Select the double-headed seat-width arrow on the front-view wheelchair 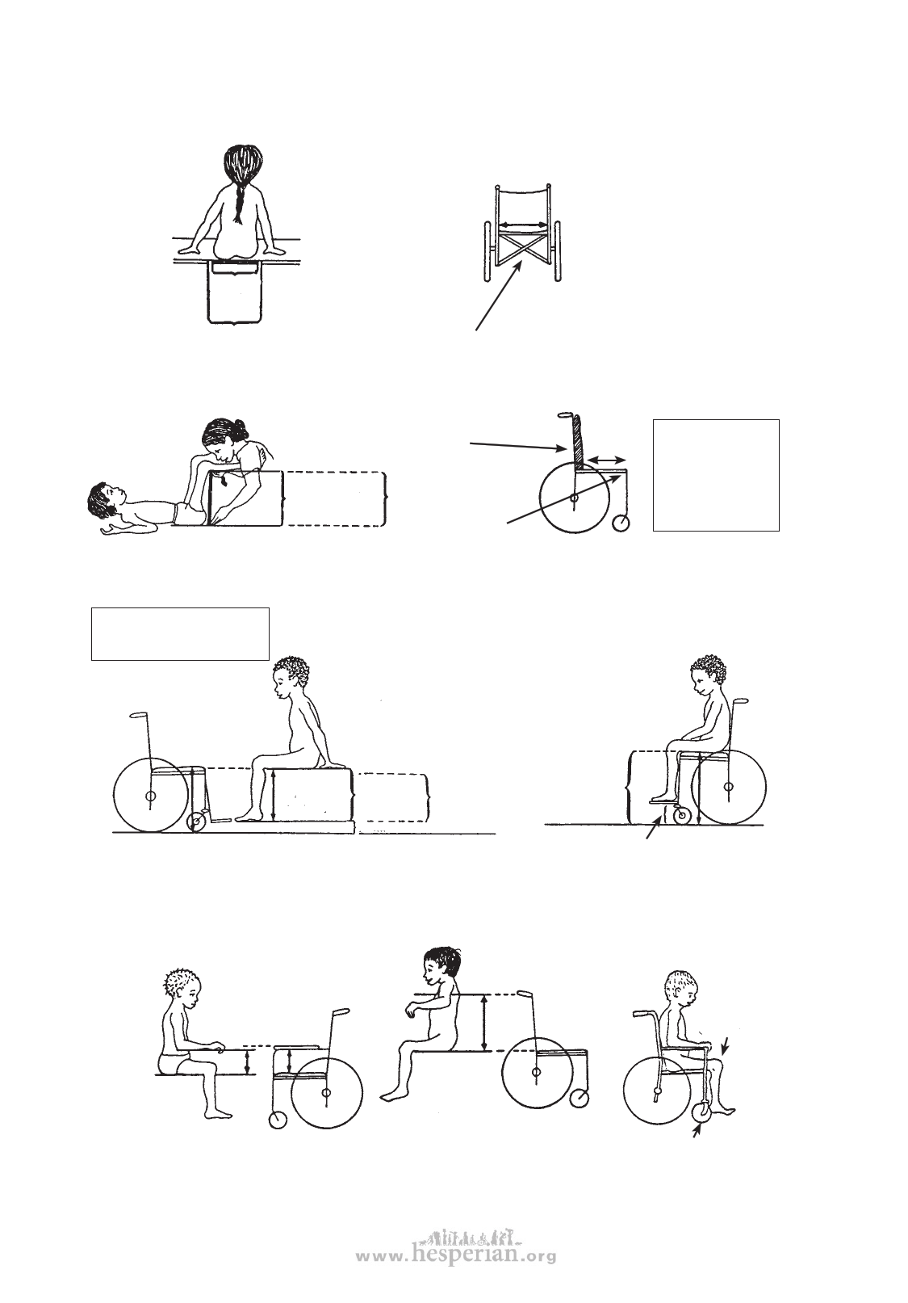523,225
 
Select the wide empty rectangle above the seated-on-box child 180,633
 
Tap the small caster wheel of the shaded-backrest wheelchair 621,523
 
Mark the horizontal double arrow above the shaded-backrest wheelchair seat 606,460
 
